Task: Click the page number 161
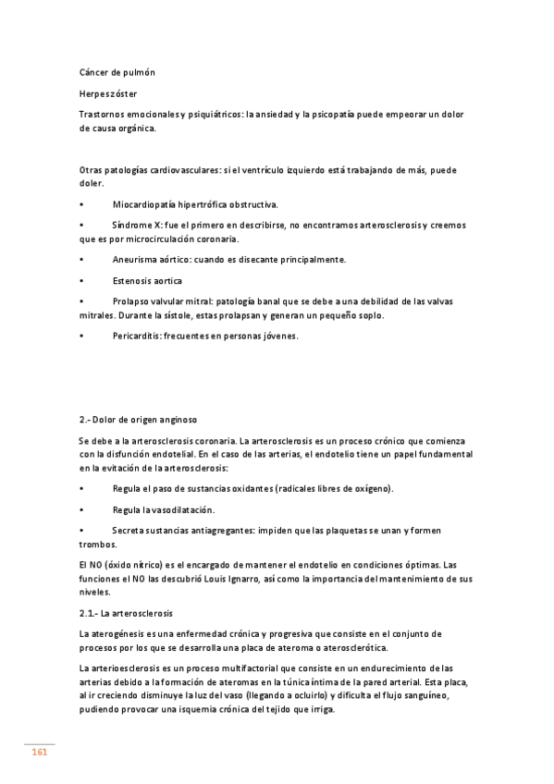point(40,753)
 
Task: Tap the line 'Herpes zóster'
point(111,93)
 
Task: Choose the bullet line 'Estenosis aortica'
point(147,280)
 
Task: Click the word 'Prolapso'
point(133,301)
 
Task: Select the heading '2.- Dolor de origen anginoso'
point(139,419)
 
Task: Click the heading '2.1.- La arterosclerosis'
point(127,612)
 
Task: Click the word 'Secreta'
point(129,531)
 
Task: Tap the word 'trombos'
point(98,545)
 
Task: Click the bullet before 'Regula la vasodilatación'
point(82,509)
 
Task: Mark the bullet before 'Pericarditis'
point(82,336)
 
